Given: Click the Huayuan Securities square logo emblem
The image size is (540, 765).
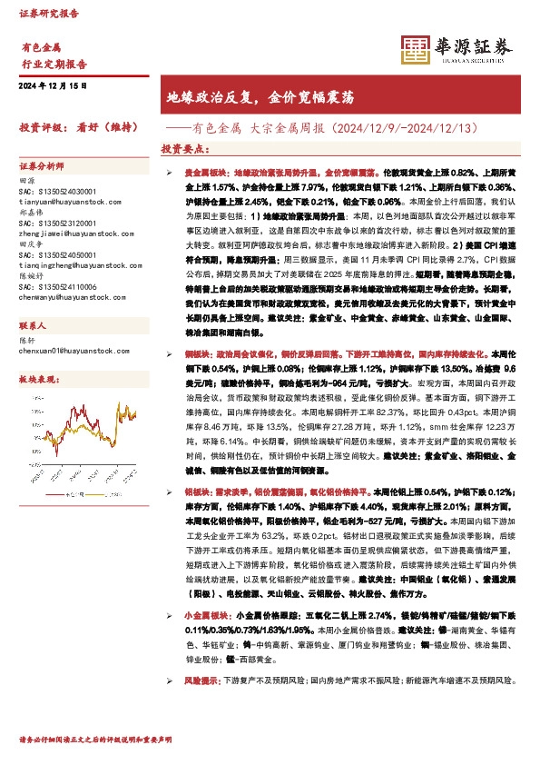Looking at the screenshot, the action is pyautogui.click(x=416, y=50).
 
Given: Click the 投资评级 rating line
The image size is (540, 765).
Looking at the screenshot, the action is pyautogui.click(x=76, y=127).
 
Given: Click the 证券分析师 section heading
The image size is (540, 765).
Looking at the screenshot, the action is pyautogui.click(x=43, y=166).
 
